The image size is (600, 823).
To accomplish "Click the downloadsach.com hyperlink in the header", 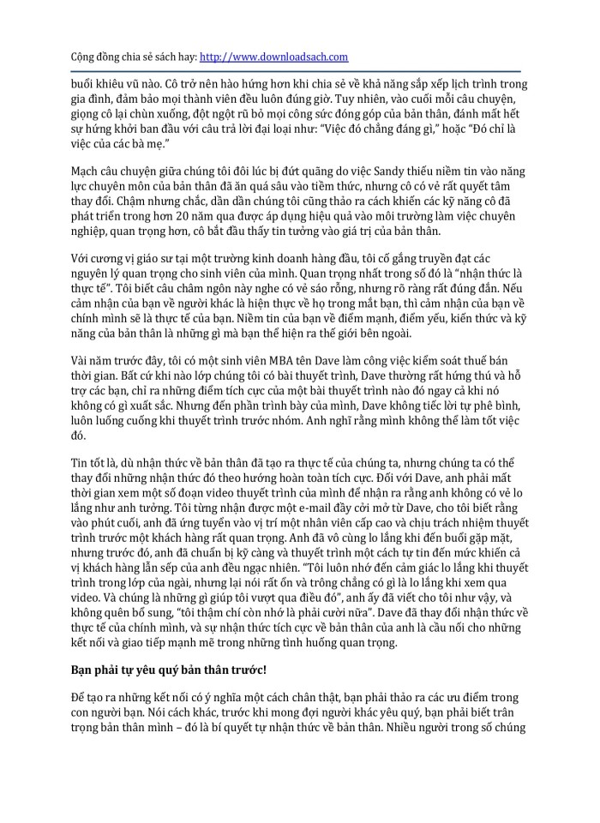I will [x=273, y=57].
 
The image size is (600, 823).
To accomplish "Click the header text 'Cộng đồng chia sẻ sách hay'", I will [x=132, y=57].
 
